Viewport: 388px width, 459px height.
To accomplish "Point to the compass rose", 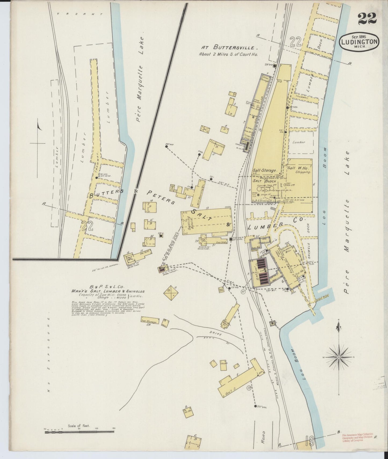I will click(x=339, y=357).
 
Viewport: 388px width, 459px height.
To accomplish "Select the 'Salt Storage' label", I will click(x=264, y=170).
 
